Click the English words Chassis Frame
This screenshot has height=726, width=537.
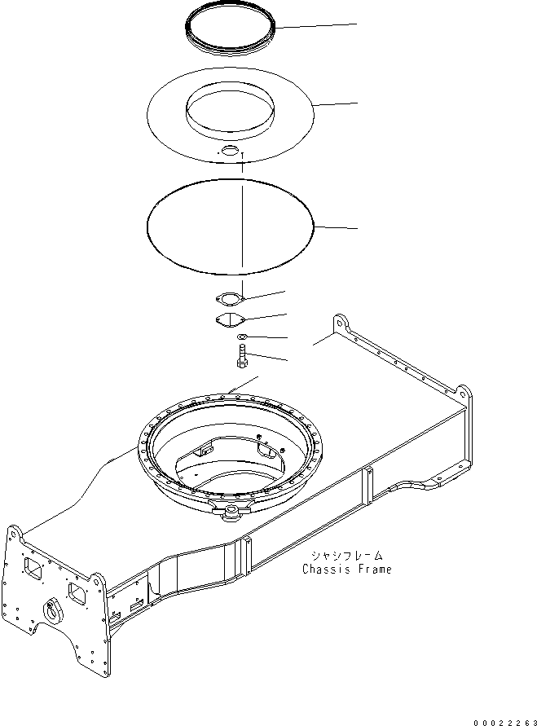[346, 569]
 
